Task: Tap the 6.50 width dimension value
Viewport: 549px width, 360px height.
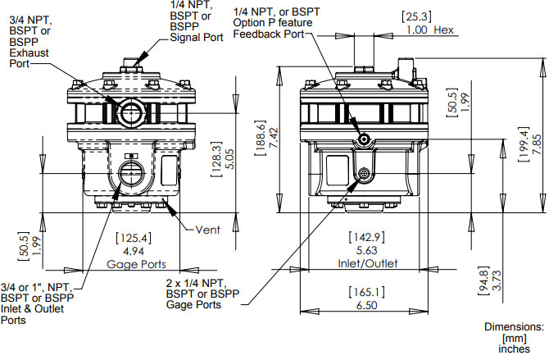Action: [x=368, y=303]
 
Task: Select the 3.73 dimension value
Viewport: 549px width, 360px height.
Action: [x=497, y=281]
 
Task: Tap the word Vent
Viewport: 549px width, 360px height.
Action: [x=209, y=230]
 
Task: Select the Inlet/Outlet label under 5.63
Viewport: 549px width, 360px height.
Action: [x=368, y=264]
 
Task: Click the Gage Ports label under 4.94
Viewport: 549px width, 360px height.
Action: [x=137, y=265]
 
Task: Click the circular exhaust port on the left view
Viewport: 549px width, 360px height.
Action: [x=130, y=112]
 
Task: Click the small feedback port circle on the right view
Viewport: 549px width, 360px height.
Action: [x=363, y=139]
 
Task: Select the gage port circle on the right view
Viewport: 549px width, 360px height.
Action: [x=363, y=174]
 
